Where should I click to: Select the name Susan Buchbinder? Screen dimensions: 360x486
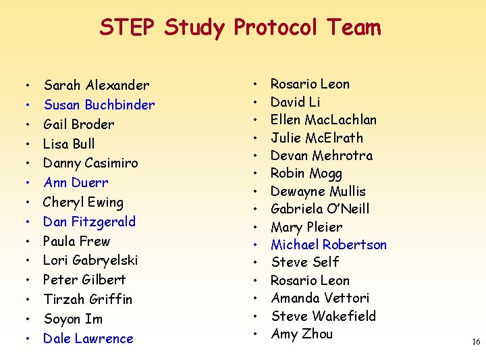click(x=99, y=105)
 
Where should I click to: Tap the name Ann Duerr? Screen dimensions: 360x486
click(x=76, y=182)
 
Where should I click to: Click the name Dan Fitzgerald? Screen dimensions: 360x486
click(x=89, y=222)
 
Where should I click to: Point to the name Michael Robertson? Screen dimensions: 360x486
click(x=328, y=245)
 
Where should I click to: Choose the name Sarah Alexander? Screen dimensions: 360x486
click(x=96, y=85)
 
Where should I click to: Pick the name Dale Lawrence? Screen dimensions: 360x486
click(x=88, y=338)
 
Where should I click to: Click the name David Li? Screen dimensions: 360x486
click(x=295, y=102)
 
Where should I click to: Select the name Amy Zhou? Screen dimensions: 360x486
click(x=301, y=334)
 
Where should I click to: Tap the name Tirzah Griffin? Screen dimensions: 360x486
click(x=87, y=299)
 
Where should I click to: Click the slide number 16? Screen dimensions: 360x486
click(x=476, y=342)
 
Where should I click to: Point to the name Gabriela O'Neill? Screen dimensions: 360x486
click(x=319, y=209)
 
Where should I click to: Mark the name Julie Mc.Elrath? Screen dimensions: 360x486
click(x=317, y=138)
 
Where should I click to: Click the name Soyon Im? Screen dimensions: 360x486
click(x=72, y=319)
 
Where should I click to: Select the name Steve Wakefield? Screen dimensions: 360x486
click(x=323, y=316)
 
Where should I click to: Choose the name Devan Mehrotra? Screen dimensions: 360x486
click(x=321, y=155)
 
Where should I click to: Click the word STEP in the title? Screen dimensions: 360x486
click(x=128, y=28)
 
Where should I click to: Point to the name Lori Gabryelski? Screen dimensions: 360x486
click(x=90, y=260)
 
